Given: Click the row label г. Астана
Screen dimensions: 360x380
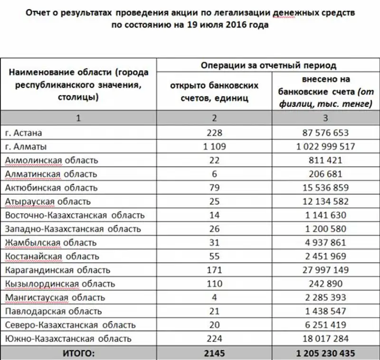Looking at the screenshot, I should tap(26, 133).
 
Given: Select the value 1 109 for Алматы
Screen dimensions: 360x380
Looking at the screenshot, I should tap(215, 147).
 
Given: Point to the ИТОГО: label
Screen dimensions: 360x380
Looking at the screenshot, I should tap(78, 353).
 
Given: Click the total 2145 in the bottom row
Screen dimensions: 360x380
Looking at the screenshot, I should tap(215, 353).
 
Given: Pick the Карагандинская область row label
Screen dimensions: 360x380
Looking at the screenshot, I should tap(57, 270).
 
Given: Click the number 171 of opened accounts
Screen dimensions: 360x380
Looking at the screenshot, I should tap(215, 270).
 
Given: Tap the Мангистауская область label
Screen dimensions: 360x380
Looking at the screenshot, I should tap(55, 298).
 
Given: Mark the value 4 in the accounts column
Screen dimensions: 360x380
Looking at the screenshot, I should tap(215, 298).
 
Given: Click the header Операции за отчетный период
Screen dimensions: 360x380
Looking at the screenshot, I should tap(268, 65).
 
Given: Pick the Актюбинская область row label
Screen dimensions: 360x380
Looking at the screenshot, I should tap(51, 188).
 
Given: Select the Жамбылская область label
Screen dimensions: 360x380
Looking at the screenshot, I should tap(50, 243).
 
